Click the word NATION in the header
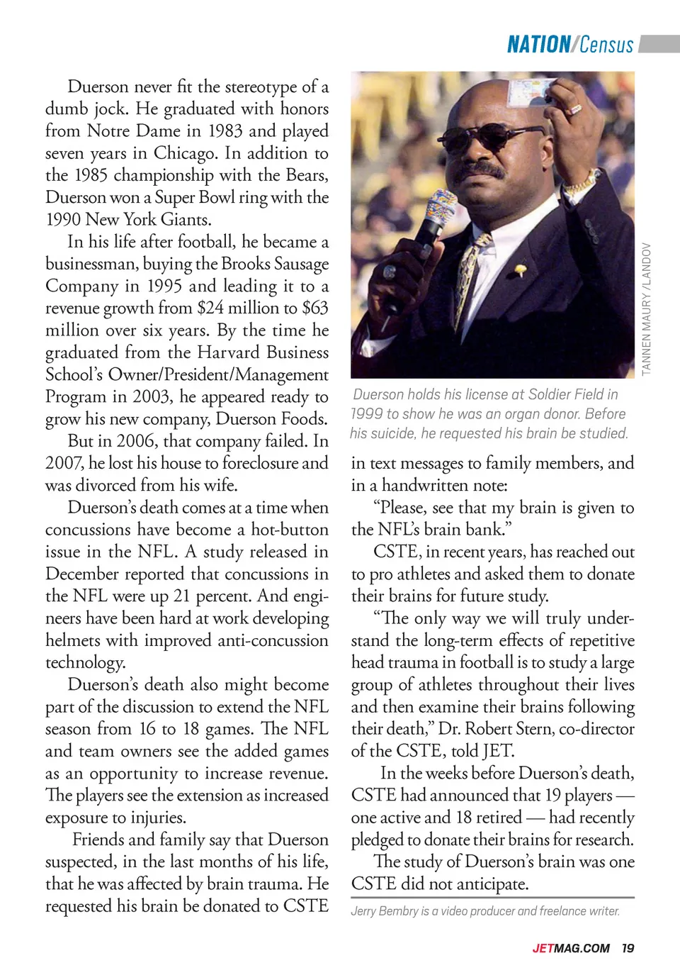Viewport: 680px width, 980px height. [x=538, y=45]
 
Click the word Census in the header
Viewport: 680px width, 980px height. [x=606, y=45]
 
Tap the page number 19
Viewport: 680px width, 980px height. [x=628, y=948]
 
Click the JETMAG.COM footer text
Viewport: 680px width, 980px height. [x=571, y=948]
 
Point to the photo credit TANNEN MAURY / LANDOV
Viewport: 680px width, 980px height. [x=646, y=308]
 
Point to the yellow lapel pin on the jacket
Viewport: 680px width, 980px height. [x=521, y=269]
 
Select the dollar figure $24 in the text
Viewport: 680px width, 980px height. [x=210, y=308]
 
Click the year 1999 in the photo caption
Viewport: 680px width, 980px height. [x=366, y=413]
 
